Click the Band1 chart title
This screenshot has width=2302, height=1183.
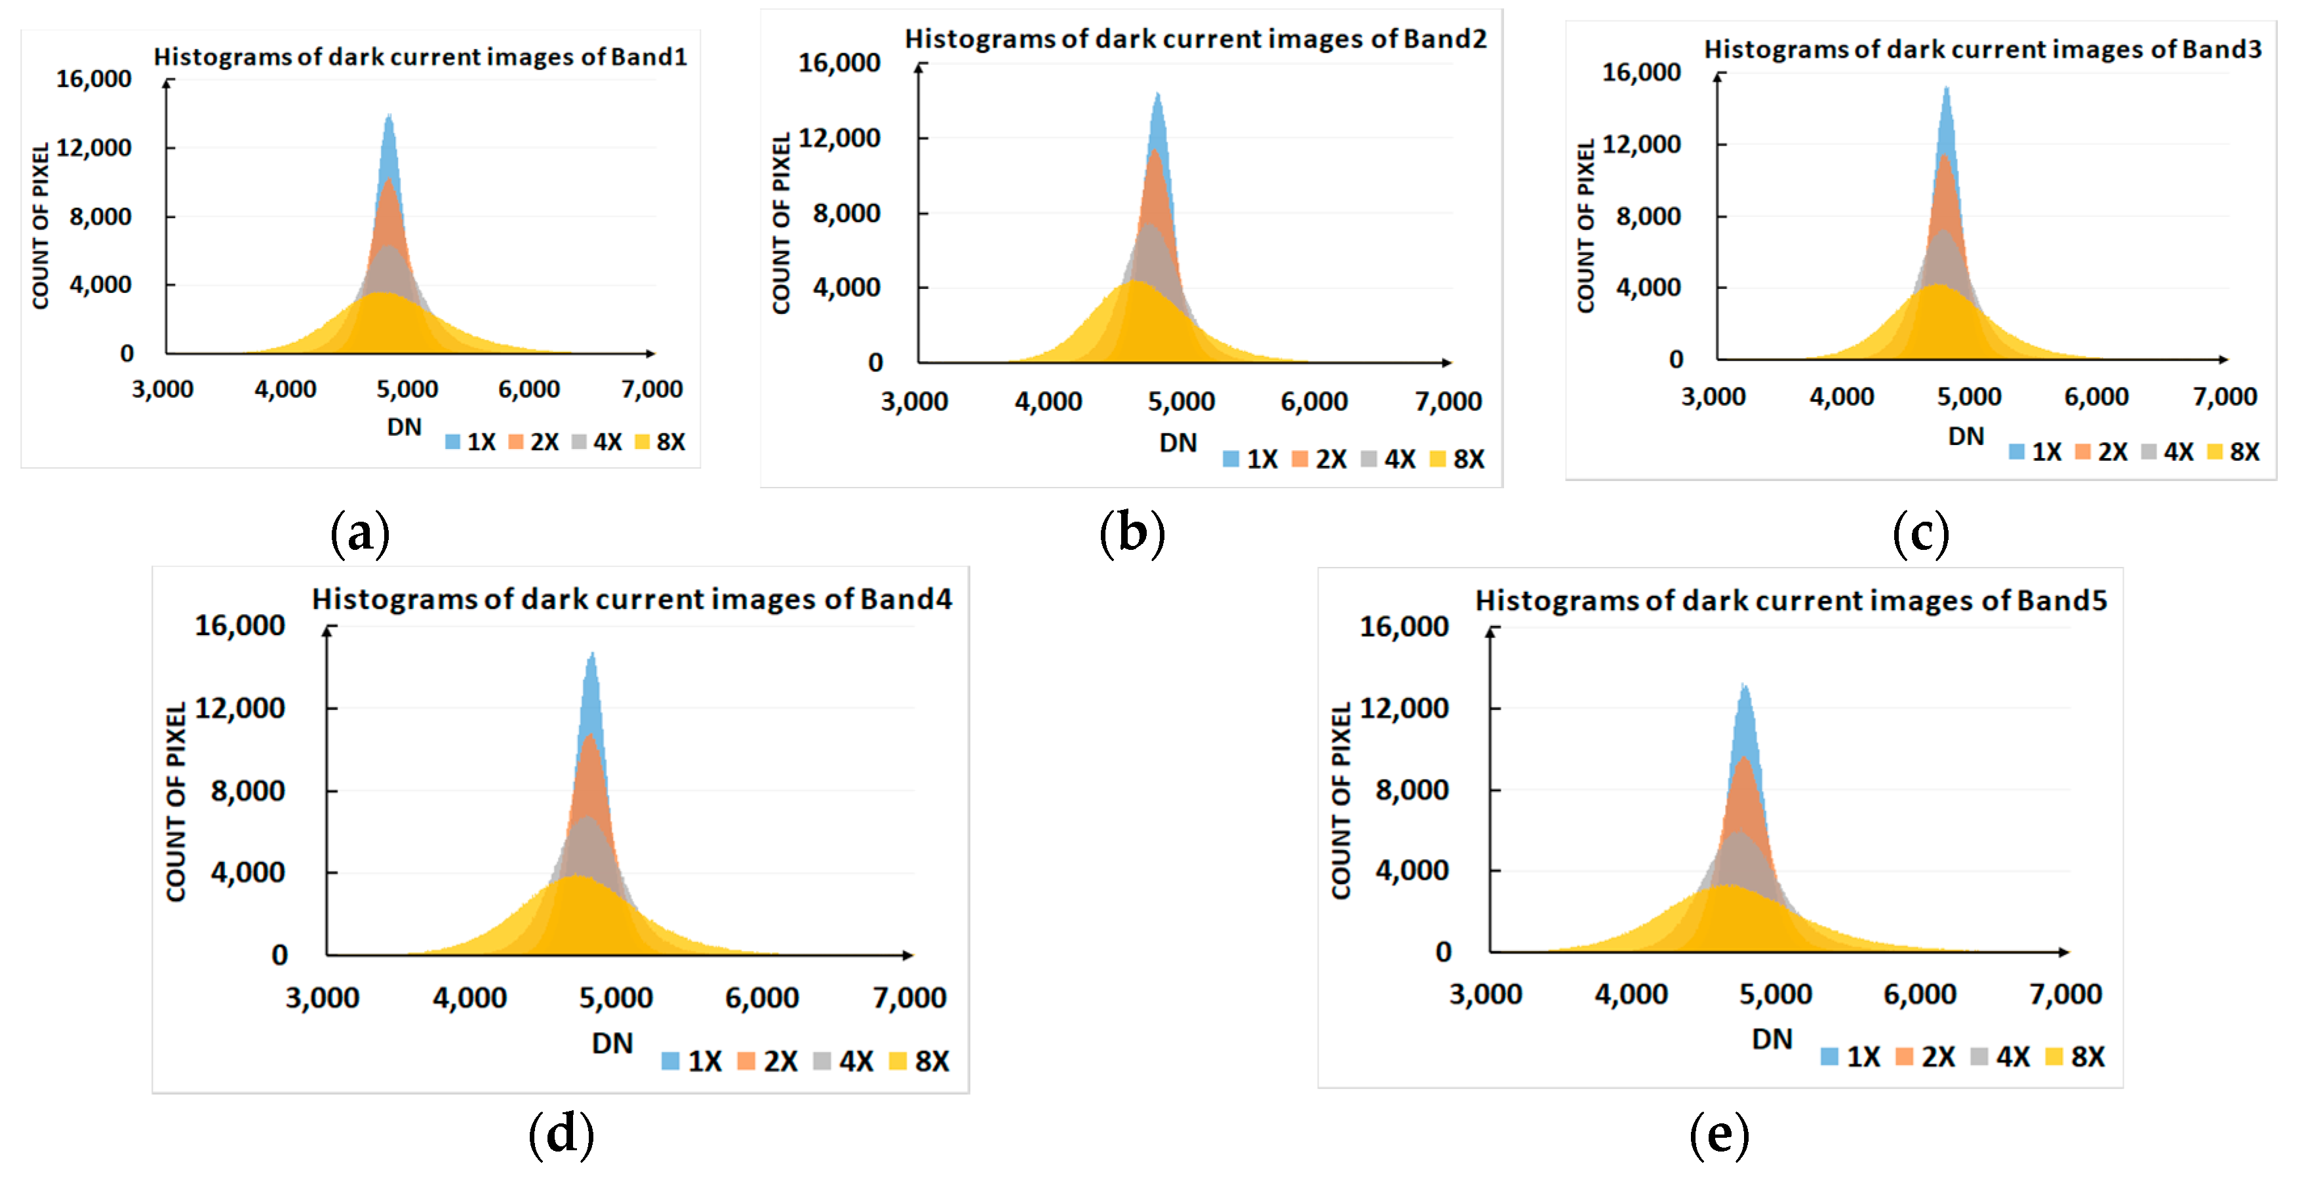(420, 57)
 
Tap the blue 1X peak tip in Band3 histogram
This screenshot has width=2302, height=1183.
(1947, 88)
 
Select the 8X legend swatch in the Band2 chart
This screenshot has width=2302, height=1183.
(1438, 459)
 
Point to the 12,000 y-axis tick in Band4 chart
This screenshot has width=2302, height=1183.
(239, 708)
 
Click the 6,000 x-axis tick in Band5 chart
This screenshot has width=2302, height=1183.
(1920, 994)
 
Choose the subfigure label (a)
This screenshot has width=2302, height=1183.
(360, 533)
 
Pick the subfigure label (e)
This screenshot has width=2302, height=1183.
(1718, 1135)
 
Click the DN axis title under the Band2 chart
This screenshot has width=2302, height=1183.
(1178, 443)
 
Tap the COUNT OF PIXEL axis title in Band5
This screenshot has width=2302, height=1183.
(1340, 801)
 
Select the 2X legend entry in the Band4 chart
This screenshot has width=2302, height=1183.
(768, 1060)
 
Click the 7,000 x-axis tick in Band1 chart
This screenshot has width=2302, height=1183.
(652, 389)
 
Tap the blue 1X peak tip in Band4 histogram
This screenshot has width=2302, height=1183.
(591, 655)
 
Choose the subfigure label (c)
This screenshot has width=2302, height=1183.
(1921, 533)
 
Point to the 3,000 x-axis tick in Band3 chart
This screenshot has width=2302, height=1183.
(1713, 397)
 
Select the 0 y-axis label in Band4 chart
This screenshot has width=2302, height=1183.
(280, 955)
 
